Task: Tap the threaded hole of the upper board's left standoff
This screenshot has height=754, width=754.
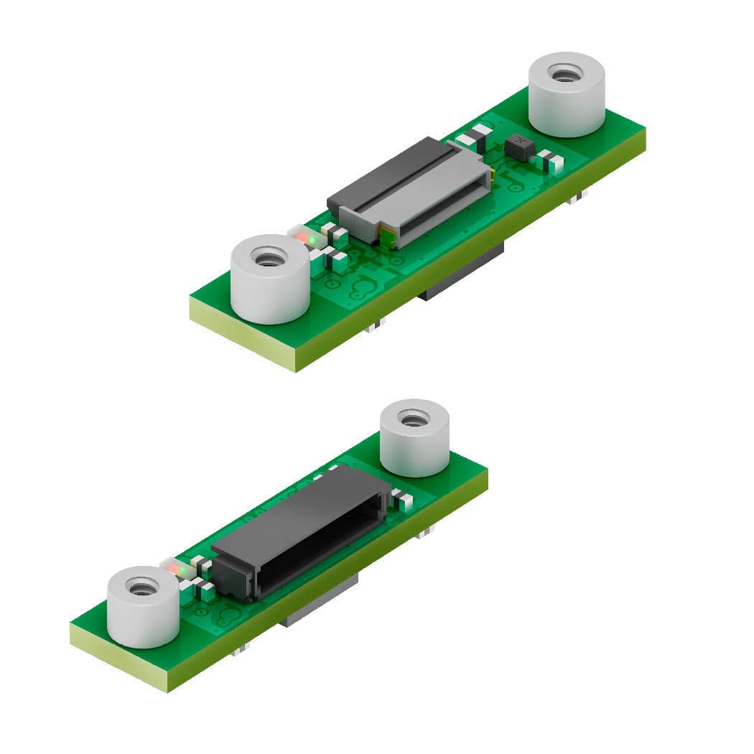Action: (269, 257)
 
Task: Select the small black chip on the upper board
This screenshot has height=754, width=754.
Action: (518, 148)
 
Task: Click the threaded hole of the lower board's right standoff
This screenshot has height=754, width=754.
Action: (414, 419)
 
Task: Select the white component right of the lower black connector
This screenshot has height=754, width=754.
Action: (401, 500)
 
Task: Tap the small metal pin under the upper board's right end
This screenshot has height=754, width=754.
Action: (574, 199)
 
